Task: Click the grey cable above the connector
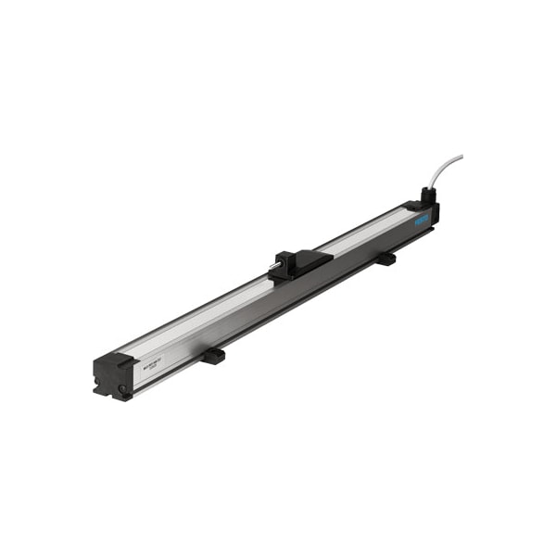pyautogui.click(x=444, y=172)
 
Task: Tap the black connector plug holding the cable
pyautogui.click(x=427, y=196)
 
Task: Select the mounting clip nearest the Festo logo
pyautogui.click(x=385, y=259)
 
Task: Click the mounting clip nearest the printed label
pyautogui.click(x=213, y=355)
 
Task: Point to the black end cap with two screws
pyautogui.click(x=113, y=376)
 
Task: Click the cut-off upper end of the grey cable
pyautogui.click(x=461, y=158)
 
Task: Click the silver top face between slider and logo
pyautogui.click(x=366, y=235)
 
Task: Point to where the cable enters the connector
pyautogui.click(x=428, y=189)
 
